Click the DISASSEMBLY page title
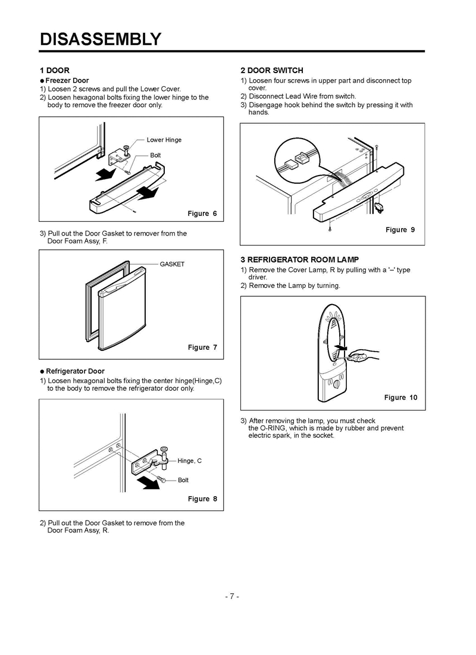tap(100, 39)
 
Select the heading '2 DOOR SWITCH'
tap(272, 70)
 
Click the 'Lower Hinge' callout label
tap(164, 140)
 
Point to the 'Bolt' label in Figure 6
tap(155, 155)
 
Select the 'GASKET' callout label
tap(172, 264)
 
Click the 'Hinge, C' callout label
tap(190, 461)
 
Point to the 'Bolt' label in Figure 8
tap(183, 480)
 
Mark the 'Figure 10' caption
tap(400, 397)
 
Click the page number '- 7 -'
tap(232, 597)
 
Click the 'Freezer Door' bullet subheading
tap(68, 80)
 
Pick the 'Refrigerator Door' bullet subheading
tap(75, 371)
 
